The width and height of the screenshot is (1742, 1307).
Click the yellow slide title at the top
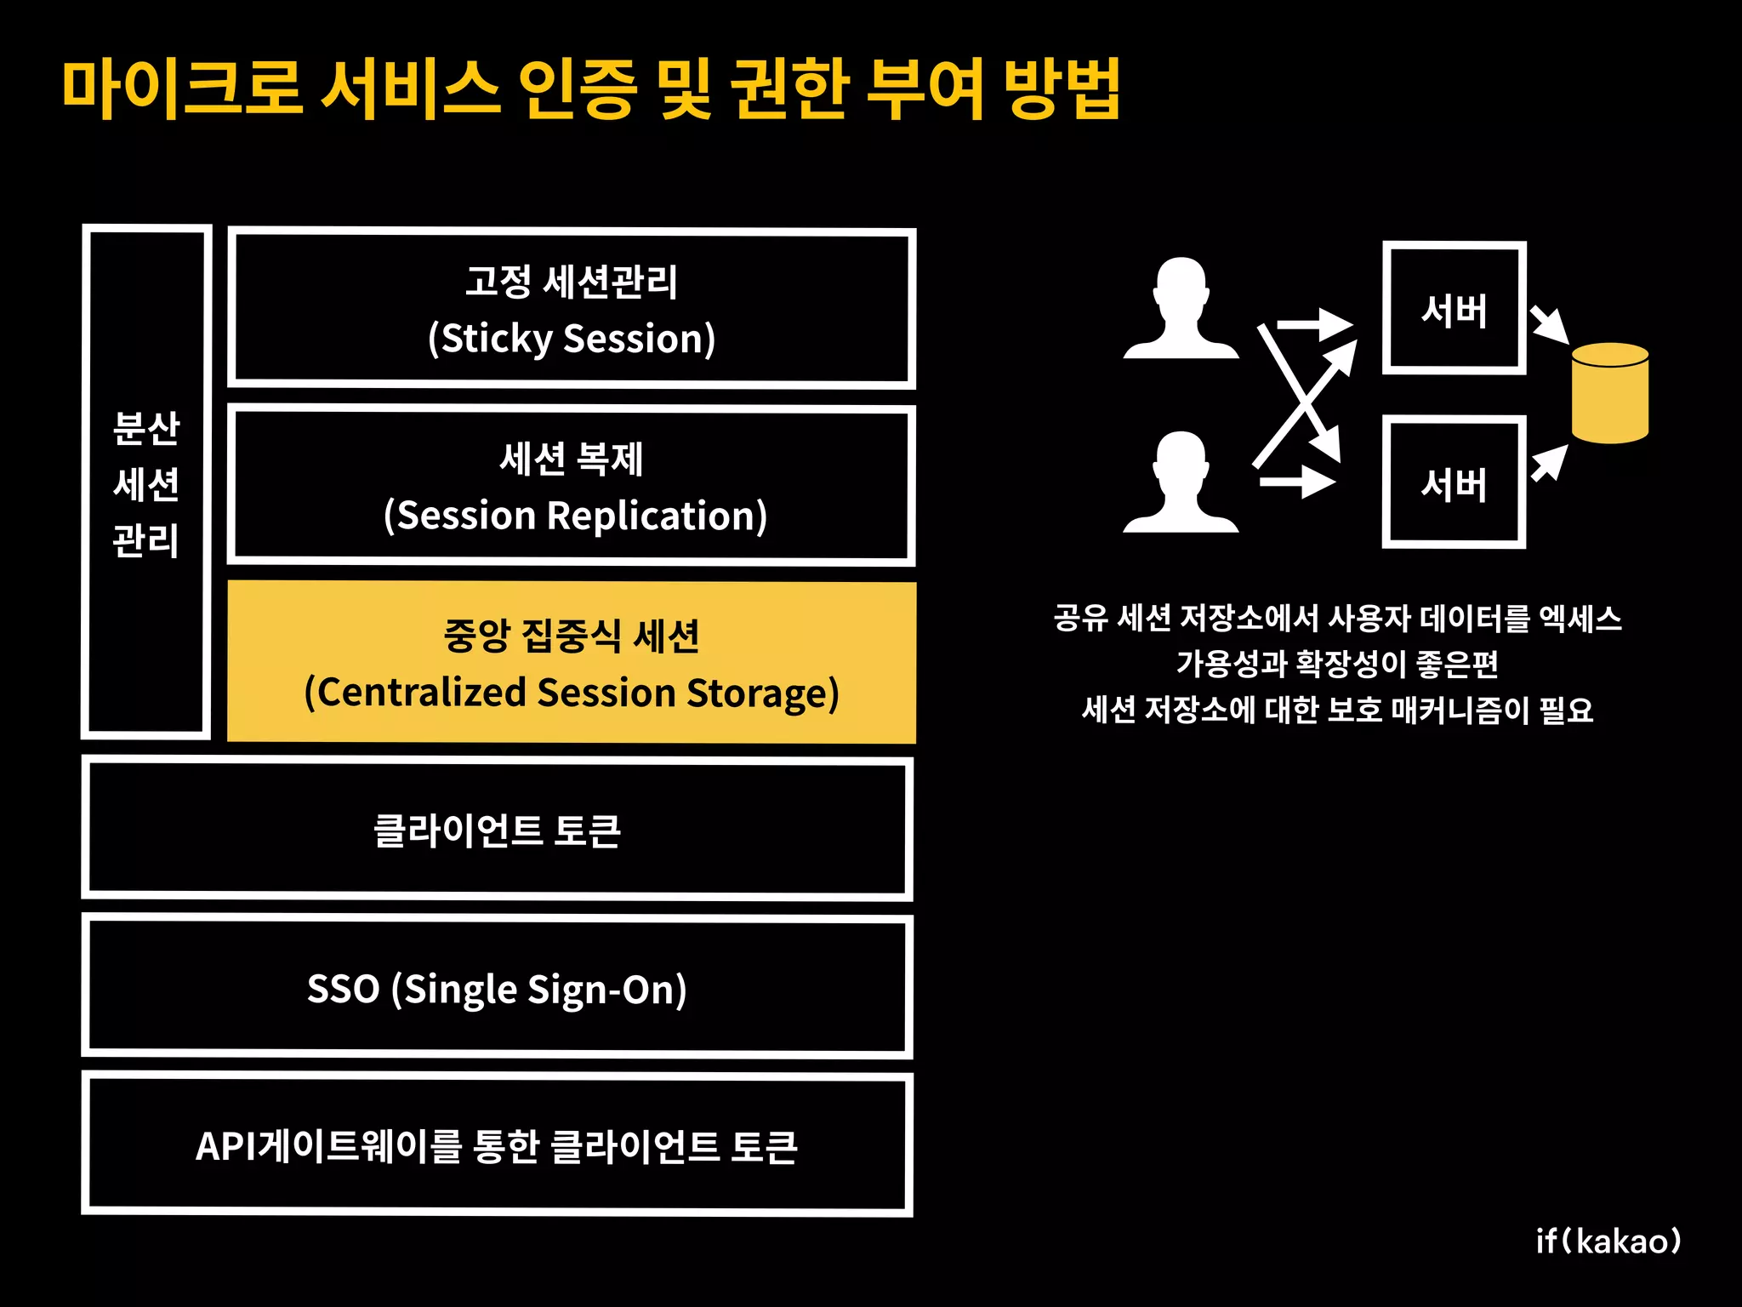pyautogui.click(x=590, y=88)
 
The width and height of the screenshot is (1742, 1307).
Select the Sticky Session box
pyautogui.click(x=572, y=308)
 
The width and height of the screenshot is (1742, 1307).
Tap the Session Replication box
pyautogui.click(x=572, y=486)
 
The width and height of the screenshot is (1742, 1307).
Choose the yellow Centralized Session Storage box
pyautogui.click(x=572, y=663)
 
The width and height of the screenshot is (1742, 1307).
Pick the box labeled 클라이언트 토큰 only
pyautogui.click(x=497, y=830)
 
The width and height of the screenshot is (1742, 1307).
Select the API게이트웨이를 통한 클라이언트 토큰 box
pyautogui.click(x=497, y=1145)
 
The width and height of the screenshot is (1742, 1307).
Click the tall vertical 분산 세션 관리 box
pyautogui.click(x=146, y=482)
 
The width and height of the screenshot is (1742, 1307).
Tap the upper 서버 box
pyautogui.click(x=1454, y=308)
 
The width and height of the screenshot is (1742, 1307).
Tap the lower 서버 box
pyautogui.click(x=1454, y=482)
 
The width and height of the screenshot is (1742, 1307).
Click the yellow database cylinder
pyautogui.click(x=1609, y=393)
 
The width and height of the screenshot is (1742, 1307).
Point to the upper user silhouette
pyautogui.click(x=1181, y=311)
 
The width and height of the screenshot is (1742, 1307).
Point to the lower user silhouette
pyautogui.click(x=1181, y=484)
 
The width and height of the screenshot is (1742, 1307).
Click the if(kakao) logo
pyautogui.click(x=1608, y=1241)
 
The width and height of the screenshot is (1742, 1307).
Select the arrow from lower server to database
pyautogui.click(x=1550, y=464)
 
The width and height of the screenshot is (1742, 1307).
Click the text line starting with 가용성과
pyautogui.click(x=1337, y=664)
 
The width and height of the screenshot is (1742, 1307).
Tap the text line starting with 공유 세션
pyautogui.click(x=1337, y=618)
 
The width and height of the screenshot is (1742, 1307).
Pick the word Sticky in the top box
pyautogui.click(x=497, y=339)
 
